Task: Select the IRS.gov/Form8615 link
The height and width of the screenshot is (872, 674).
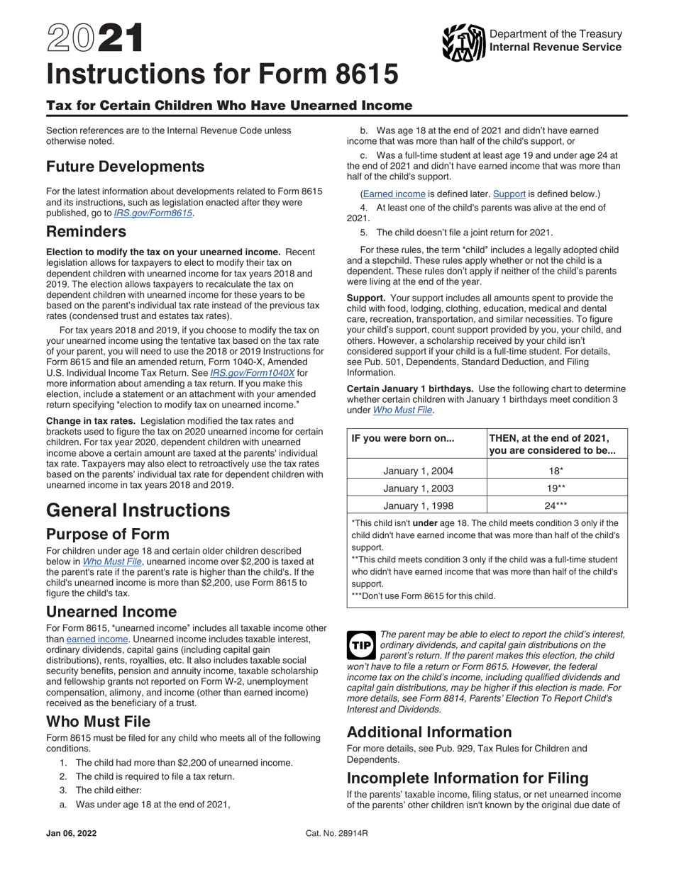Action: (153, 212)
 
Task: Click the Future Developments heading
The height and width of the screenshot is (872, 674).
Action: (126, 167)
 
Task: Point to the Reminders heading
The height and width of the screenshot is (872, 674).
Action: (87, 232)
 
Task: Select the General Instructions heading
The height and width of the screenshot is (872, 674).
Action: (138, 510)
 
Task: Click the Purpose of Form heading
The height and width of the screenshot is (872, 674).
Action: (108, 534)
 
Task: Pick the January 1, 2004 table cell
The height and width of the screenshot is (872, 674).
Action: (418, 471)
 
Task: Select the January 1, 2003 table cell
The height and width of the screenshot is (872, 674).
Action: (418, 488)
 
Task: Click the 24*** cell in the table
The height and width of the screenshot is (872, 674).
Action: (557, 505)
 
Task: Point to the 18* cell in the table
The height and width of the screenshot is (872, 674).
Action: (557, 471)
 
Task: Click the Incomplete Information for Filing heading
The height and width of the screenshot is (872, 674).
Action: (468, 778)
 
